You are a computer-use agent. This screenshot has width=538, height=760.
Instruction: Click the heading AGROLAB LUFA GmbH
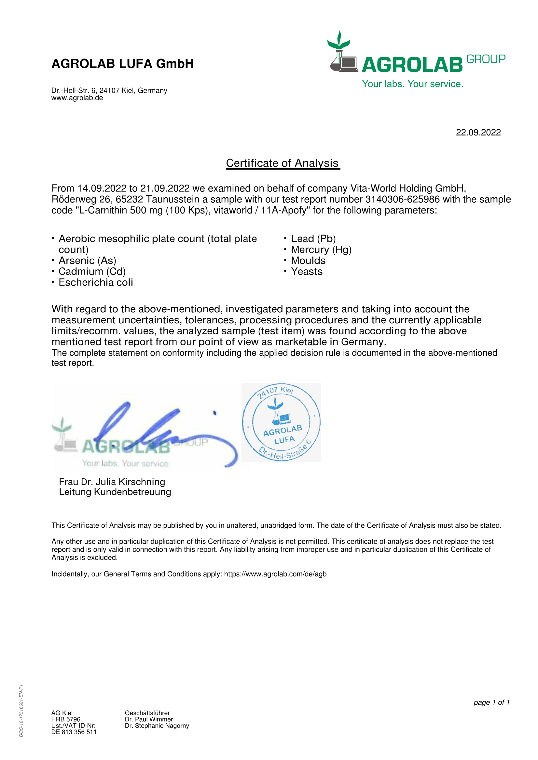coord(122,64)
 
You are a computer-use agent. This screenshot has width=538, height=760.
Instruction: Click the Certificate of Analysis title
coord(283,163)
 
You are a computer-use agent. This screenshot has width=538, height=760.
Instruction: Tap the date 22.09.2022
coord(478,132)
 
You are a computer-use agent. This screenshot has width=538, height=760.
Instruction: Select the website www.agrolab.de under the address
coord(77,98)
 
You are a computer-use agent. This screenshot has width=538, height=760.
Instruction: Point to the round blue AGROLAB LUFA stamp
coord(281,422)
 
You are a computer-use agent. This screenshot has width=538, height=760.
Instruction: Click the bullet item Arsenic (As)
coord(87,261)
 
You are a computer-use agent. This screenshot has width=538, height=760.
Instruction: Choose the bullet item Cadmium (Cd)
coord(92,271)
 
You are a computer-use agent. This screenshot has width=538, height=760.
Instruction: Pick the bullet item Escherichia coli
coord(95,282)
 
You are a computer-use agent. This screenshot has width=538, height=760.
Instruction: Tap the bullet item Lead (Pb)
coord(313,239)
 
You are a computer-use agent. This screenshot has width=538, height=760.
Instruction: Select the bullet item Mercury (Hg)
coord(321,250)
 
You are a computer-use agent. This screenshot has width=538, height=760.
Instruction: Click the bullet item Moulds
coord(308,261)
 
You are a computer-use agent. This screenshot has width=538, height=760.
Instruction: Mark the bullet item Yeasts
coord(307,271)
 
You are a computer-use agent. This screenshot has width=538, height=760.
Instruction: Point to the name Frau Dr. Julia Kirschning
coord(112,482)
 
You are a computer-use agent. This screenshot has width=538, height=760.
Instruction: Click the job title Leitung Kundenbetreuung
coord(115,492)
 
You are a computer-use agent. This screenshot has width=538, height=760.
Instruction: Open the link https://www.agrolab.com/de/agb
coord(275,574)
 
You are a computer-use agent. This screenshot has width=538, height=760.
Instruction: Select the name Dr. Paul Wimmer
coord(148,719)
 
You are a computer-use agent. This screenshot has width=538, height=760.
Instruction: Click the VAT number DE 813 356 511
coord(74,732)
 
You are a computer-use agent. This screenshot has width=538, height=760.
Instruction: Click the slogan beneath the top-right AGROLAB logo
coord(412,84)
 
